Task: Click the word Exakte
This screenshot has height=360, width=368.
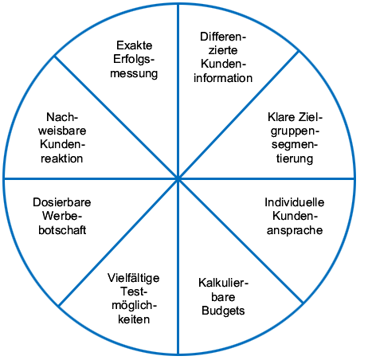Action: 135,45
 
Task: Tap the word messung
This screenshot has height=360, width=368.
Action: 134,73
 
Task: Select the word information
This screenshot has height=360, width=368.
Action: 223,78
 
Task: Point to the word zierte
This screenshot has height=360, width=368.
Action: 223,50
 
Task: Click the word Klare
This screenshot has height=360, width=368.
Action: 281,117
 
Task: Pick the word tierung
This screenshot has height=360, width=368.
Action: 295,158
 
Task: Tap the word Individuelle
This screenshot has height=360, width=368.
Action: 295,202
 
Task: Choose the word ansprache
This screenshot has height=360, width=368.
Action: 295,230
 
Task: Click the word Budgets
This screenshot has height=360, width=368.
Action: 223,311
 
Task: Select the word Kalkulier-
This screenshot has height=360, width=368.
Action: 223,283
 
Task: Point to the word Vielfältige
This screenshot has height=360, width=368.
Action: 134,278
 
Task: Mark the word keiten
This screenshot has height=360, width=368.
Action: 134,319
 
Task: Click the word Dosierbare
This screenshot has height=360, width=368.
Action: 62,202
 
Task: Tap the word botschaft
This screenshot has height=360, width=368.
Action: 62,230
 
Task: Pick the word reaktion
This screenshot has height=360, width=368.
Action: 62,158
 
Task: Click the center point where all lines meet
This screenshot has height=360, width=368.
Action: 178,179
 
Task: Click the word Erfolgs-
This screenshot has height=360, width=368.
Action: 134,60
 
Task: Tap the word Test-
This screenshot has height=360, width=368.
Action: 134,292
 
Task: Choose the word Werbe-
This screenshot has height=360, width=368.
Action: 62,216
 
